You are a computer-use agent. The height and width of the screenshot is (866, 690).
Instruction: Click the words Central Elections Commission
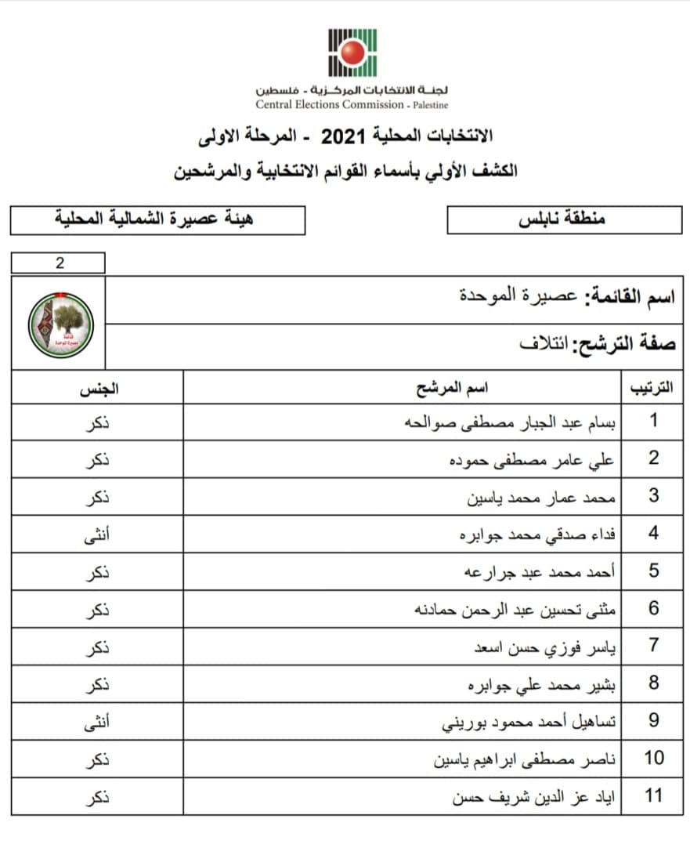point(330,104)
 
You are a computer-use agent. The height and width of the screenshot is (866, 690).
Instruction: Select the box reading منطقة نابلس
point(564,220)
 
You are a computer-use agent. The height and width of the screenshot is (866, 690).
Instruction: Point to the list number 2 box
point(59,263)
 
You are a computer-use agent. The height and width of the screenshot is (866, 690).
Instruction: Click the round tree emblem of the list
point(61,324)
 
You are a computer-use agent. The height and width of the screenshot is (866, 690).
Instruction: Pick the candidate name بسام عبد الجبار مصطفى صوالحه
point(508,422)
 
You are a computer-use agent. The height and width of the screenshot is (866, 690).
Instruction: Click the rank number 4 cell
point(653,534)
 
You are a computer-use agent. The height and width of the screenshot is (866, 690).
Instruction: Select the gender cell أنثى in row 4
point(96,534)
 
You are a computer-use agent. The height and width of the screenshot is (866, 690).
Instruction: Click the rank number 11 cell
point(653,795)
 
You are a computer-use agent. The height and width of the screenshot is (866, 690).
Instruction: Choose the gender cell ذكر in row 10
point(96,759)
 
